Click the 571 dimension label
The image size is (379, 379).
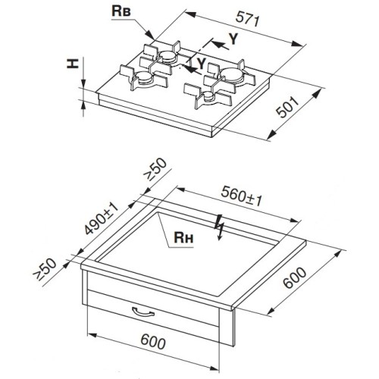(x=247, y=20)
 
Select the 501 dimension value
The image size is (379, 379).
(x=288, y=108)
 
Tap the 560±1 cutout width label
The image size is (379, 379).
(x=242, y=196)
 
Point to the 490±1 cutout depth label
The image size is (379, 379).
(x=102, y=218)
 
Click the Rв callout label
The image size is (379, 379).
(x=121, y=11)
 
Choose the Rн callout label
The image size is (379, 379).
(x=183, y=237)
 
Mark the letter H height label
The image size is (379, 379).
(x=72, y=63)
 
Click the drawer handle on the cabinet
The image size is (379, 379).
(x=143, y=312)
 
